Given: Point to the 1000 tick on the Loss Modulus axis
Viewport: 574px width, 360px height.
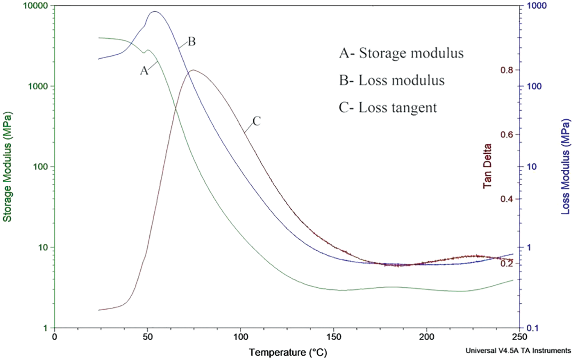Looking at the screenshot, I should (x=537, y=6).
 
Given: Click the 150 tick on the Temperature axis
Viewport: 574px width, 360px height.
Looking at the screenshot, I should (x=334, y=337).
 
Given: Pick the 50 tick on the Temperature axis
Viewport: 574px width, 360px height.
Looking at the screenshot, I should (x=148, y=337).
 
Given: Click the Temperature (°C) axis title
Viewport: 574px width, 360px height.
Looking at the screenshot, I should (x=288, y=352).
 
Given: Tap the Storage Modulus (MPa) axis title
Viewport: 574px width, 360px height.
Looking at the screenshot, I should (x=7, y=167).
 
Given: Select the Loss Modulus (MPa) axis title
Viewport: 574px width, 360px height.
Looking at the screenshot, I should (x=566, y=167).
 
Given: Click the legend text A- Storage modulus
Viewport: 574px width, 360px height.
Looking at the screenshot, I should (x=401, y=53).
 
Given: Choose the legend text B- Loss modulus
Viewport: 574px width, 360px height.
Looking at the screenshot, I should (x=392, y=80).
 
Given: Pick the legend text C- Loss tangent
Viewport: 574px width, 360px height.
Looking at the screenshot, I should (x=388, y=108).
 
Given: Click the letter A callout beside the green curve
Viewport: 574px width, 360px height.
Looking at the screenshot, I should (x=144, y=71).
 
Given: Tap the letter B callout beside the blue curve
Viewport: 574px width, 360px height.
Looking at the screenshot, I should (x=192, y=41).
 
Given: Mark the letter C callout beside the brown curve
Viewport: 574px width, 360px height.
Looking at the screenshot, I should (x=256, y=121).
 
